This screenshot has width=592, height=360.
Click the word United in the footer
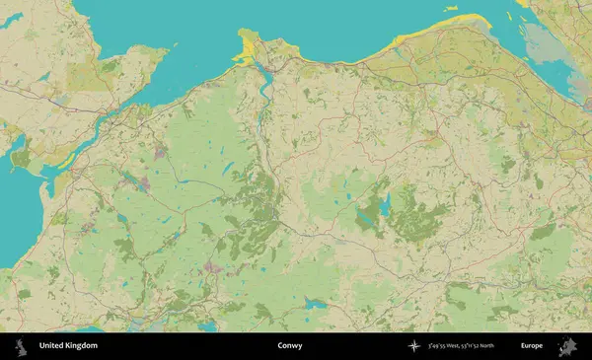tap(50, 346)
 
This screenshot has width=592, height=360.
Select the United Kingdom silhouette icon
tap(19, 346)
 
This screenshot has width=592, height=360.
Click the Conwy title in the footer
tap(290, 346)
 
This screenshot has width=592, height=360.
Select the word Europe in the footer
tap(532, 346)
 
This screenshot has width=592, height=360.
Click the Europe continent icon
tap(569, 346)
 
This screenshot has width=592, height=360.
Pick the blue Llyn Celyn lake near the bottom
tap(314, 305)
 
